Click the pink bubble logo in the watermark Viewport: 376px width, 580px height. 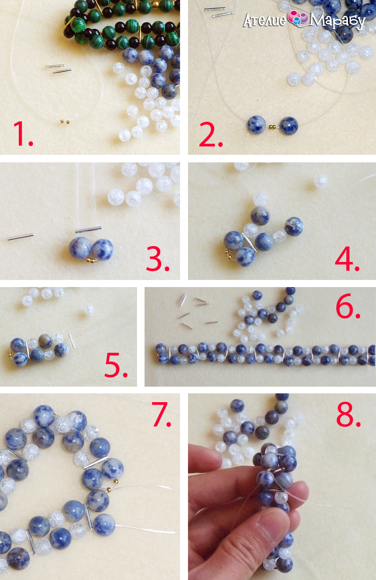click(x=298, y=18)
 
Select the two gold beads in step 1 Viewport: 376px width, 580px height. click(x=65, y=121)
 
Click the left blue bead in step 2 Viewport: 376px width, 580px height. click(x=257, y=125)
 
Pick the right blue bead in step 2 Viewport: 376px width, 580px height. click(x=289, y=126)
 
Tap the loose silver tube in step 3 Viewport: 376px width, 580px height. click(x=20, y=236)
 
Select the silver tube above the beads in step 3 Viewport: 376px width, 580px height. click(x=89, y=229)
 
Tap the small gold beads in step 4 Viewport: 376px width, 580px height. click(x=227, y=254)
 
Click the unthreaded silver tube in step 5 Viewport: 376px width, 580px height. click(x=72, y=341)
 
